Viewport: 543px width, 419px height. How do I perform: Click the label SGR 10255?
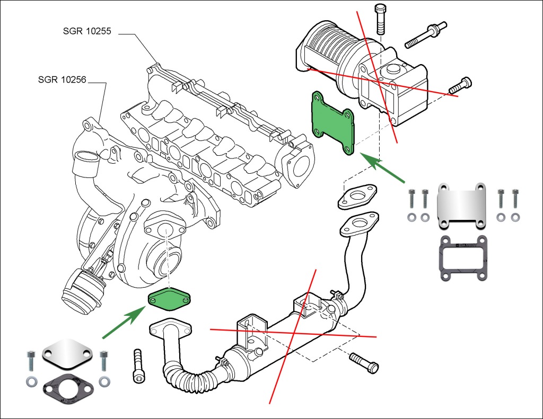86,31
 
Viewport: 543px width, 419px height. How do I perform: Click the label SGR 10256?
62,80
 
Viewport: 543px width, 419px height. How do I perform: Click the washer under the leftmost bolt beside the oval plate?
31,381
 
